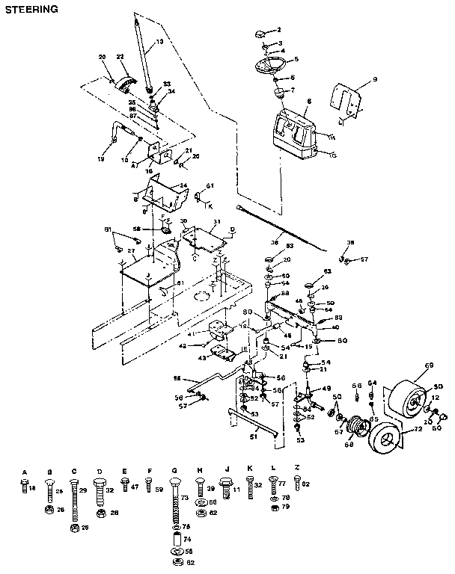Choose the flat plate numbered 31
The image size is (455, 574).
pyautogui.click(x=206, y=238)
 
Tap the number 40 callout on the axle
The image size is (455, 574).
pyautogui.click(x=335, y=327)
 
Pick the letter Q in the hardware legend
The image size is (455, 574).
pyautogui.click(x=174, y=472)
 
